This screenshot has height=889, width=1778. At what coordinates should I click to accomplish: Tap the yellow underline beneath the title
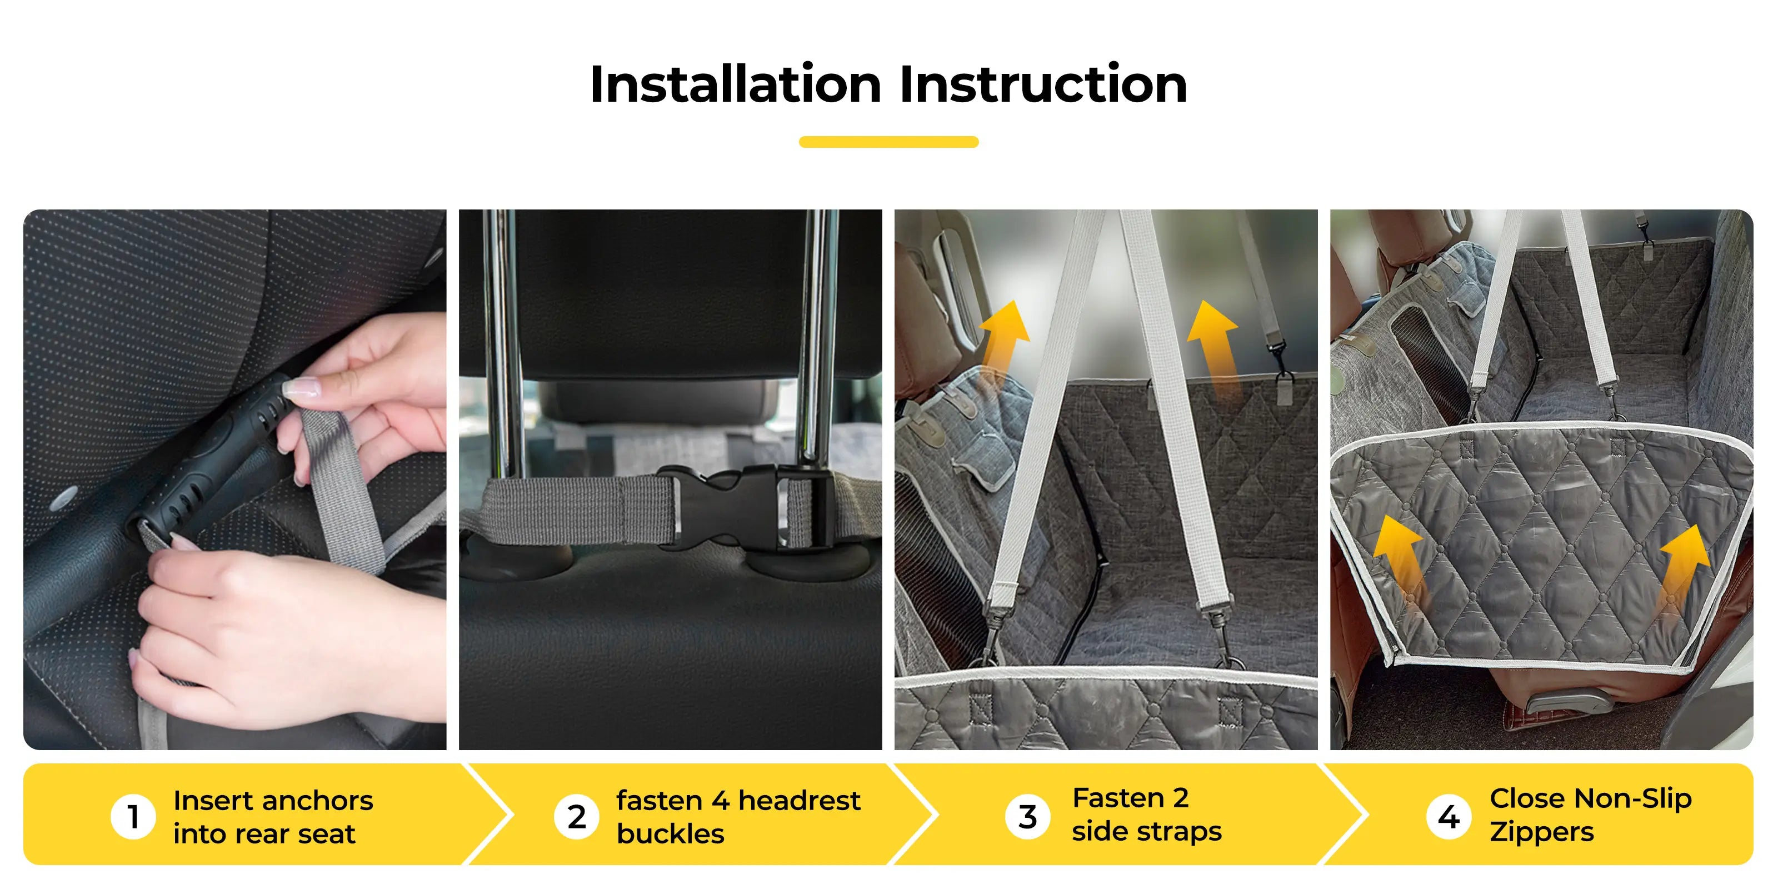pos(888,142)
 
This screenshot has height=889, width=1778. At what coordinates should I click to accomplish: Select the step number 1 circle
pos(133,817)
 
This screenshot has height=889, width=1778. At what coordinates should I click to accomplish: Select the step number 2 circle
pos(576,817)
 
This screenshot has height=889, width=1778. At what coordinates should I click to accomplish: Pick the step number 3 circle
pos(1028,817)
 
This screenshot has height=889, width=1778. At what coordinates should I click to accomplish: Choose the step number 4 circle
pos(1449,817)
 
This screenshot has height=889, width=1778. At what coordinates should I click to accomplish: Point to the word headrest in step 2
pos(800,801)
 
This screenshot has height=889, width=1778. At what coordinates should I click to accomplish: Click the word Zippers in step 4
pos(1542,832)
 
